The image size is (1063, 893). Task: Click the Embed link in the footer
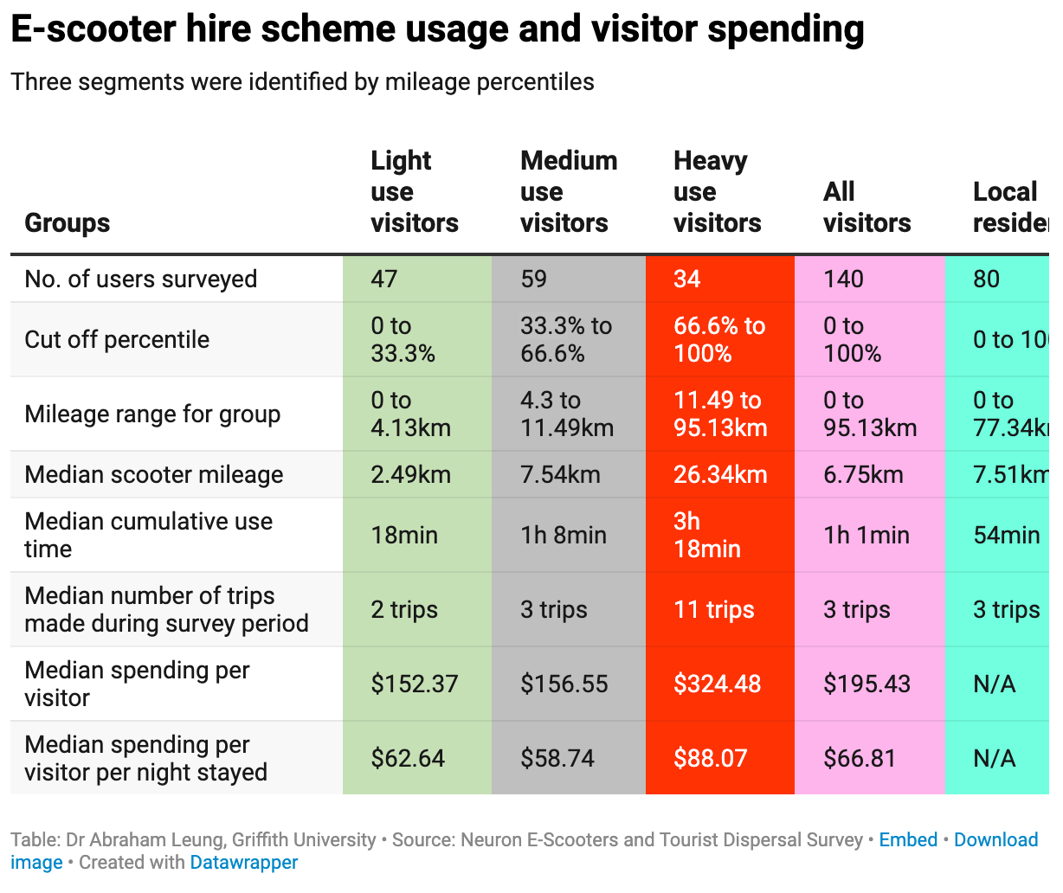(908, 839)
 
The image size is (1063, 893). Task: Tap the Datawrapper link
(244, 862)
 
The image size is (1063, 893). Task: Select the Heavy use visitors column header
(717, 191)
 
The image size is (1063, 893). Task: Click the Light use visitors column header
(414, 191)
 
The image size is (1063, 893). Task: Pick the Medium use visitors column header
(568, 191)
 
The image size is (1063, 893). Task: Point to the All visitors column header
(867, 207)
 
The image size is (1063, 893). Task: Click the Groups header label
(68, 222)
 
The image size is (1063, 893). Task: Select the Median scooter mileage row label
(154, 474)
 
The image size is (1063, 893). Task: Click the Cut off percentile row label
(117, 339)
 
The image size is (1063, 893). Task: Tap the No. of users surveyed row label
(141, 279)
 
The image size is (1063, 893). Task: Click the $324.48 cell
(717, 684)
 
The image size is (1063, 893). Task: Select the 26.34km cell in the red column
(720, 474)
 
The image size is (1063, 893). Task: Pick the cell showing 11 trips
(714, 609)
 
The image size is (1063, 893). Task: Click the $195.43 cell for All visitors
(867, 684)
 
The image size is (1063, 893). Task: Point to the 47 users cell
(384, 279)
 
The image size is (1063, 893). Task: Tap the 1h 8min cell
(564, 535)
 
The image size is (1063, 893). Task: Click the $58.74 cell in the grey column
(557, 758)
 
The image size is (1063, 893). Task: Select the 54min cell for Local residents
(1006, 535)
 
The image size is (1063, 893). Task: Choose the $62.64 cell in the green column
(408, 758)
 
